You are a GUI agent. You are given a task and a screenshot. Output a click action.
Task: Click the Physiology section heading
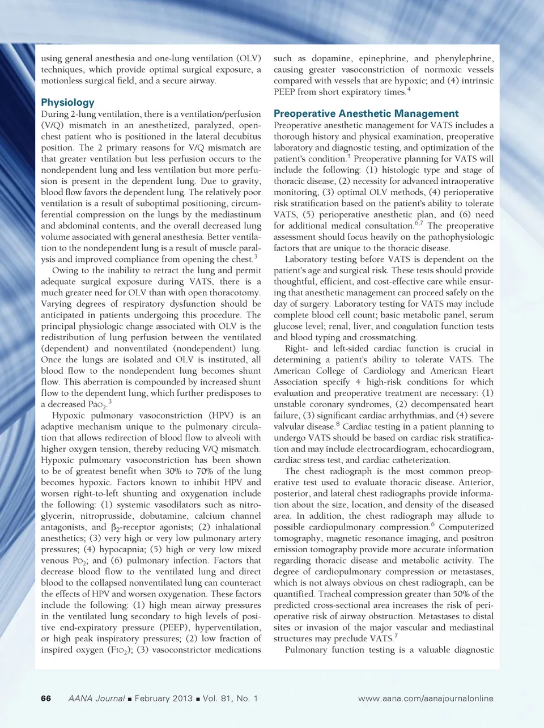click(x=67, y=103)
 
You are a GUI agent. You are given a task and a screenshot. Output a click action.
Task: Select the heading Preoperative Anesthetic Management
click(x=366, y=113)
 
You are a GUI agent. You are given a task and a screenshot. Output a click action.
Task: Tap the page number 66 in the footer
click(x=46, y=699)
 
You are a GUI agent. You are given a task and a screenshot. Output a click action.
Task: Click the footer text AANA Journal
click(x=96, y=699)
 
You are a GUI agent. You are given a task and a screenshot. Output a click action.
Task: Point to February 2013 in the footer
click(x=163, y=699)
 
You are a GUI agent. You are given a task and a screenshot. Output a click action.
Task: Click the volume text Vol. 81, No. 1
click(x=230, y=699)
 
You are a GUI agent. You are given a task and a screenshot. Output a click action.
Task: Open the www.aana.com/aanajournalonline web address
click(x=426, y=699)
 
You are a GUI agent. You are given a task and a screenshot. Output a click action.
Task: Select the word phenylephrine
click(x=464, y=58)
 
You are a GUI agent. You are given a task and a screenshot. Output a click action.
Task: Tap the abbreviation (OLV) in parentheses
click(x=248, y=58)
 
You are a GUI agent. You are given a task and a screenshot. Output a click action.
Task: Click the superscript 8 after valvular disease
click(x=338, y=424)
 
